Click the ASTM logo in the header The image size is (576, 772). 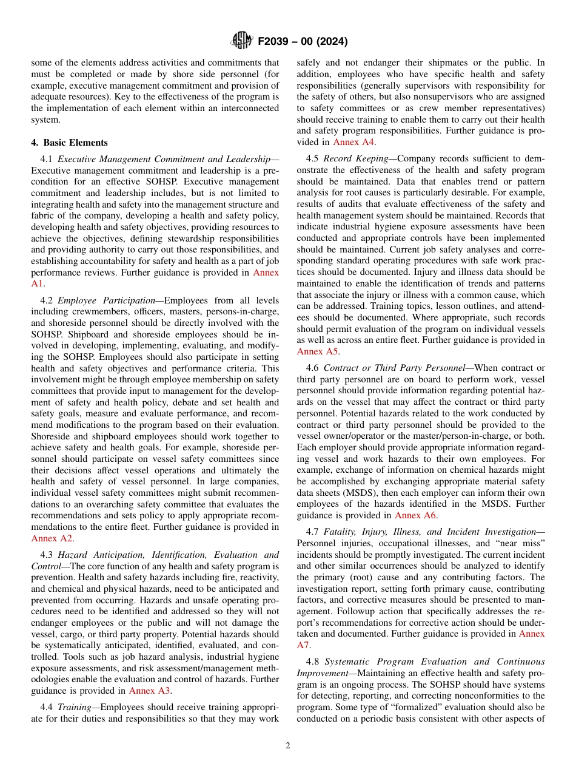(242, 41)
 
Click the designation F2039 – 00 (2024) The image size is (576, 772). (303, 42)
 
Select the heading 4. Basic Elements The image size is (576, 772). (69, 143)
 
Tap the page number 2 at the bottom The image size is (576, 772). (288, 746)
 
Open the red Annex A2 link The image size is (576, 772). (52, 538)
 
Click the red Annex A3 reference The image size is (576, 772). (150, 690)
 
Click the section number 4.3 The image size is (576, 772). (47, 554)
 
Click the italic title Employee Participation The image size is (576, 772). (106, 300)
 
